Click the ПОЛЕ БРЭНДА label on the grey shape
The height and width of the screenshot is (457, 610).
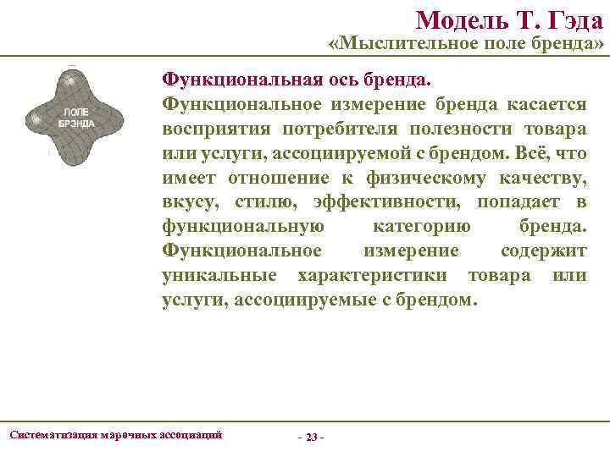pos(76,117)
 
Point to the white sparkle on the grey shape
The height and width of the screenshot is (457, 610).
pos(70,80)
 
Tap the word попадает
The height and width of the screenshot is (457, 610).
pos(517,202)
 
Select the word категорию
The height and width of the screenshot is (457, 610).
pos(421,227)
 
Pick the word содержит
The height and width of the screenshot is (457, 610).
pos(543,251)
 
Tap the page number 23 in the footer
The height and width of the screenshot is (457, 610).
pos(312,437)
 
